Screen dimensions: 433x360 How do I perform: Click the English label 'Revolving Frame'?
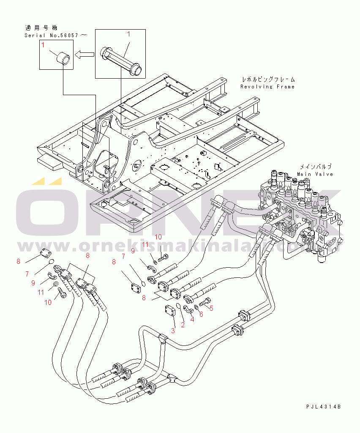click(267, 87)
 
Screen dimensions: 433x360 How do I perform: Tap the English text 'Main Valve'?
click(315, 174)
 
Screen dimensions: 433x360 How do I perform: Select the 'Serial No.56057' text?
click(51, 36)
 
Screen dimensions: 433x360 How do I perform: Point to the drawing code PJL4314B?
click(324, 406)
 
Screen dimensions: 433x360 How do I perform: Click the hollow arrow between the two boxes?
click(85, 54)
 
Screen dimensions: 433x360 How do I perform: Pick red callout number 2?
click(183, 325)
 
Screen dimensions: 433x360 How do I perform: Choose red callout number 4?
click(192, 319)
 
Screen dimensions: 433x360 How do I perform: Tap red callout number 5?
click(211, 308)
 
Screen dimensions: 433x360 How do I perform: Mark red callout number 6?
click(201, 314)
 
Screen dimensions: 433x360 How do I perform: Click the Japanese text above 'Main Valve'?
click(315, 167)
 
